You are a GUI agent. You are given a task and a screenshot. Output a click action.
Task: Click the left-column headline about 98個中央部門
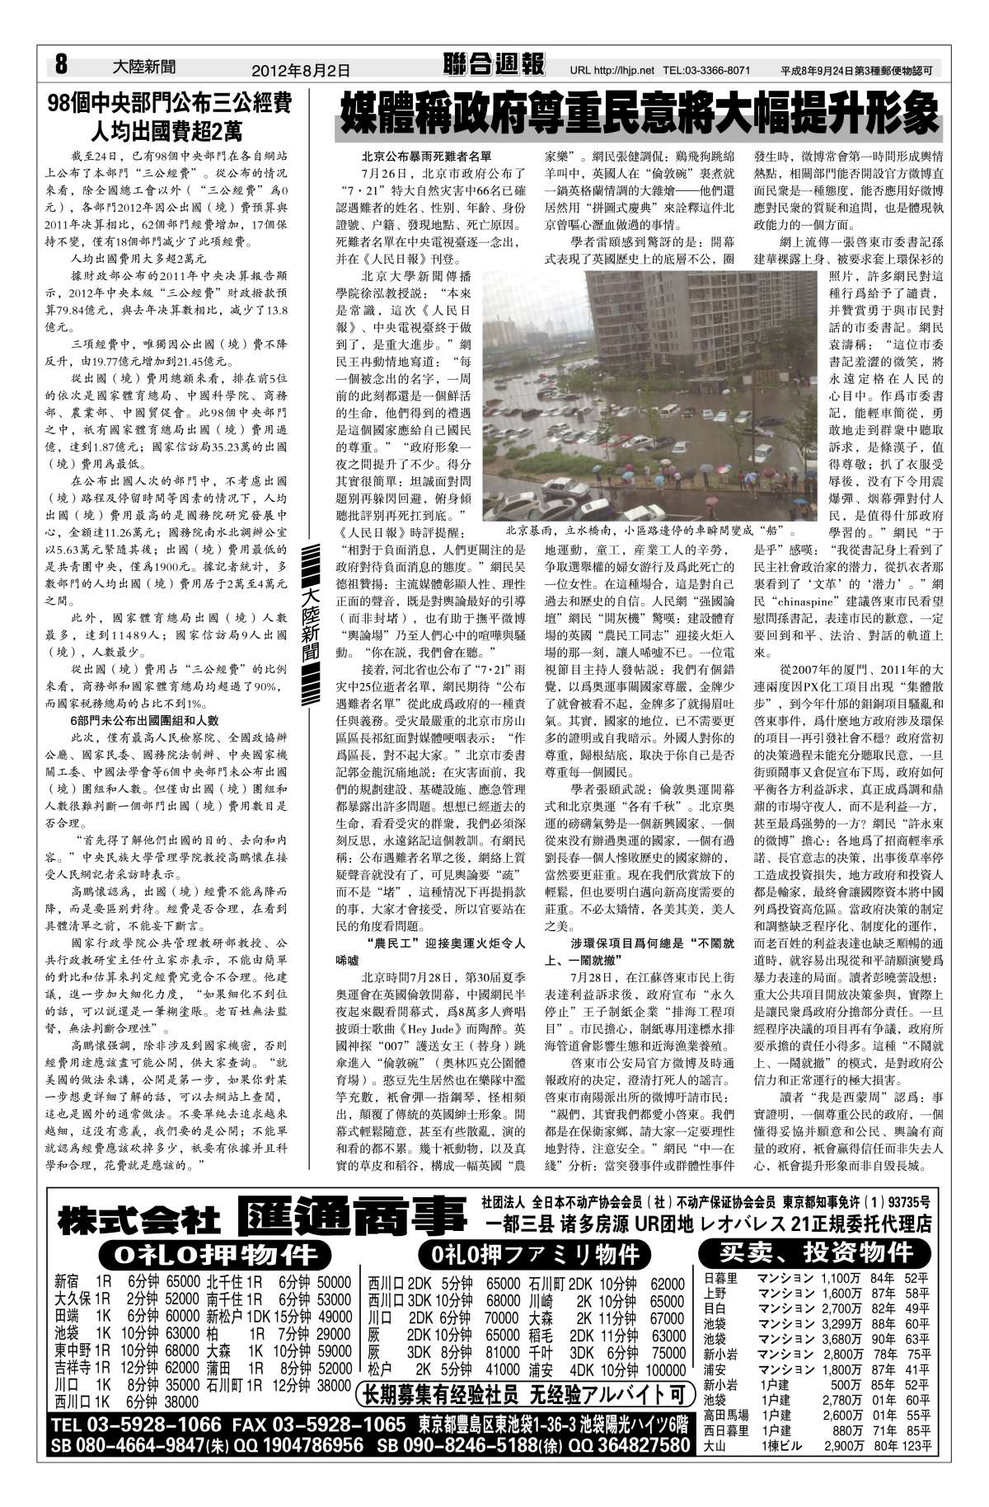[169, 116]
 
